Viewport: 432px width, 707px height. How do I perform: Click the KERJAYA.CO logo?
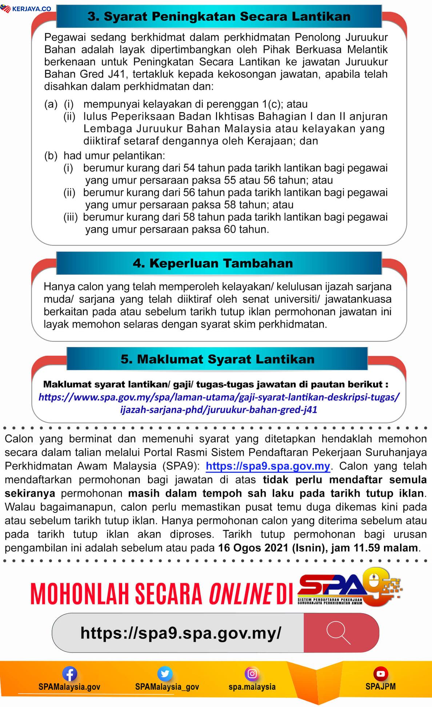pyautogui.click(x=26, y=8)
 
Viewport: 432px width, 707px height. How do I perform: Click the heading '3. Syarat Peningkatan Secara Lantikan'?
pyautogui.click(x=219, y=16)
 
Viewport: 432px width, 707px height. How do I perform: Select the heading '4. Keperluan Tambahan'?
pyautogui.click(x=213, y=263)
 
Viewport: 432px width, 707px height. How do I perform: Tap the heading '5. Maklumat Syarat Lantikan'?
pyautogui.click(x=217, y=359)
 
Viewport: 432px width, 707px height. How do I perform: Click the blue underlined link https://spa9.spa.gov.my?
pyautogui.click(x=268, y=466)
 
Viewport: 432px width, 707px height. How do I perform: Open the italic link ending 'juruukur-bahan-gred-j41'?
pyautogui.click(x=219, y=410)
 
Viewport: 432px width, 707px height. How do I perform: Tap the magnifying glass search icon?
pyautogui.click(x=338, y=633)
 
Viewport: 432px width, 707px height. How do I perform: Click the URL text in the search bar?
pyautogui.click(x=181, y=633)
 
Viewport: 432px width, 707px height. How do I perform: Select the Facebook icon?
pyautogui.click(x=69, y=674)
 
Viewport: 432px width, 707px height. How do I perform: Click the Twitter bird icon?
pyautogui.click(x=165, y=674)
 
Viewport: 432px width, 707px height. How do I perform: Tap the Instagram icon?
pyautogui.click(x=252, y=674)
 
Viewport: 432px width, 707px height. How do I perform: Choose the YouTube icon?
pyautogui.click(x=380, y=674)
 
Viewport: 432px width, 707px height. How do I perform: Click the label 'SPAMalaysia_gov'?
pyautogui.click(x=167, y=687)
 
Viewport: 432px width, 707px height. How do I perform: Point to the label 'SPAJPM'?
pyautogui.click(x=380, y=686)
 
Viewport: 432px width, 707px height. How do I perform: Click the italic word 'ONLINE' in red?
pyautogui.click(x=240, y=594)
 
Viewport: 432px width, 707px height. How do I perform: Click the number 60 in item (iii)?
pyautogui.click(x=230, y=229)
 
